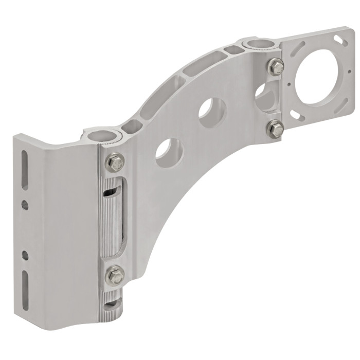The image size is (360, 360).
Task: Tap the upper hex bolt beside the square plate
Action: pyautogui.click(x=276, y=66)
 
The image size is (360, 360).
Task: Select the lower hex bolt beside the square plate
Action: pyautogui.click(x=276, y=129)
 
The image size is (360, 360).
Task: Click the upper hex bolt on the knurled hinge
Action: pyautogui.click(x=115, y=163)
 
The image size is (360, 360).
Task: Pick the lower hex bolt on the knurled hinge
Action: pyautogui.click(x=115, y=276)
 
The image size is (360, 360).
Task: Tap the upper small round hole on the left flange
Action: pyautogui.click(x=25, y=205)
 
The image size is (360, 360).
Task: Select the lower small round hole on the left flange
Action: pyautogui.click(x=25, y=254)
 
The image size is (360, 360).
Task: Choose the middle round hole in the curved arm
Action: pyautogui.click(x=212, y=112)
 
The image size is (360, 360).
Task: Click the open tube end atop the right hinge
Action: pyautogui.click(x=257, y=44)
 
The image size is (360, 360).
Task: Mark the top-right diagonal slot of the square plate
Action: pyautogui.click(x=339, y=40)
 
